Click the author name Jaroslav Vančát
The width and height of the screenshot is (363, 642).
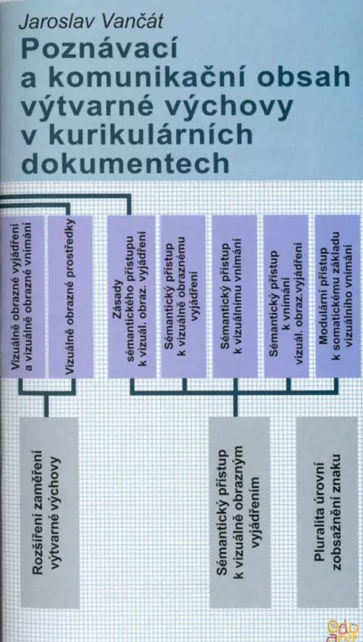click(91, 22)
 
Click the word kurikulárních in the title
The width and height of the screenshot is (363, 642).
click(150, 135)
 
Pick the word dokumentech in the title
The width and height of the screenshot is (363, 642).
click(125, 163)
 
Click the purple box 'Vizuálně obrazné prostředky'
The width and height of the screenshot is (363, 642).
click(70, 296)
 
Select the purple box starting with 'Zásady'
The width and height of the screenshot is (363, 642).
click(131, 296)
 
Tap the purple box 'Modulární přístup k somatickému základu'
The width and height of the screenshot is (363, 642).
click(337, 296)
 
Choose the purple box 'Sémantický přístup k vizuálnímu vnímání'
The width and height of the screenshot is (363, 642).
click(235, 296)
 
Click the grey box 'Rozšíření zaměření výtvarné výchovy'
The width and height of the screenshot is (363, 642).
click(49, 512)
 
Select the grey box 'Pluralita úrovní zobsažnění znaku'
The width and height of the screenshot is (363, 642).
click(327, 512)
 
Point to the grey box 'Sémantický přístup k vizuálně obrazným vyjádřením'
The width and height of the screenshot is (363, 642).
click(239, 512)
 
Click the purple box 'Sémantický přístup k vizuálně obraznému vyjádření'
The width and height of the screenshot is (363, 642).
click(183, 296)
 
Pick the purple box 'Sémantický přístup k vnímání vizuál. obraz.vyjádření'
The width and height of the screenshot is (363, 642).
click(286, 296)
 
